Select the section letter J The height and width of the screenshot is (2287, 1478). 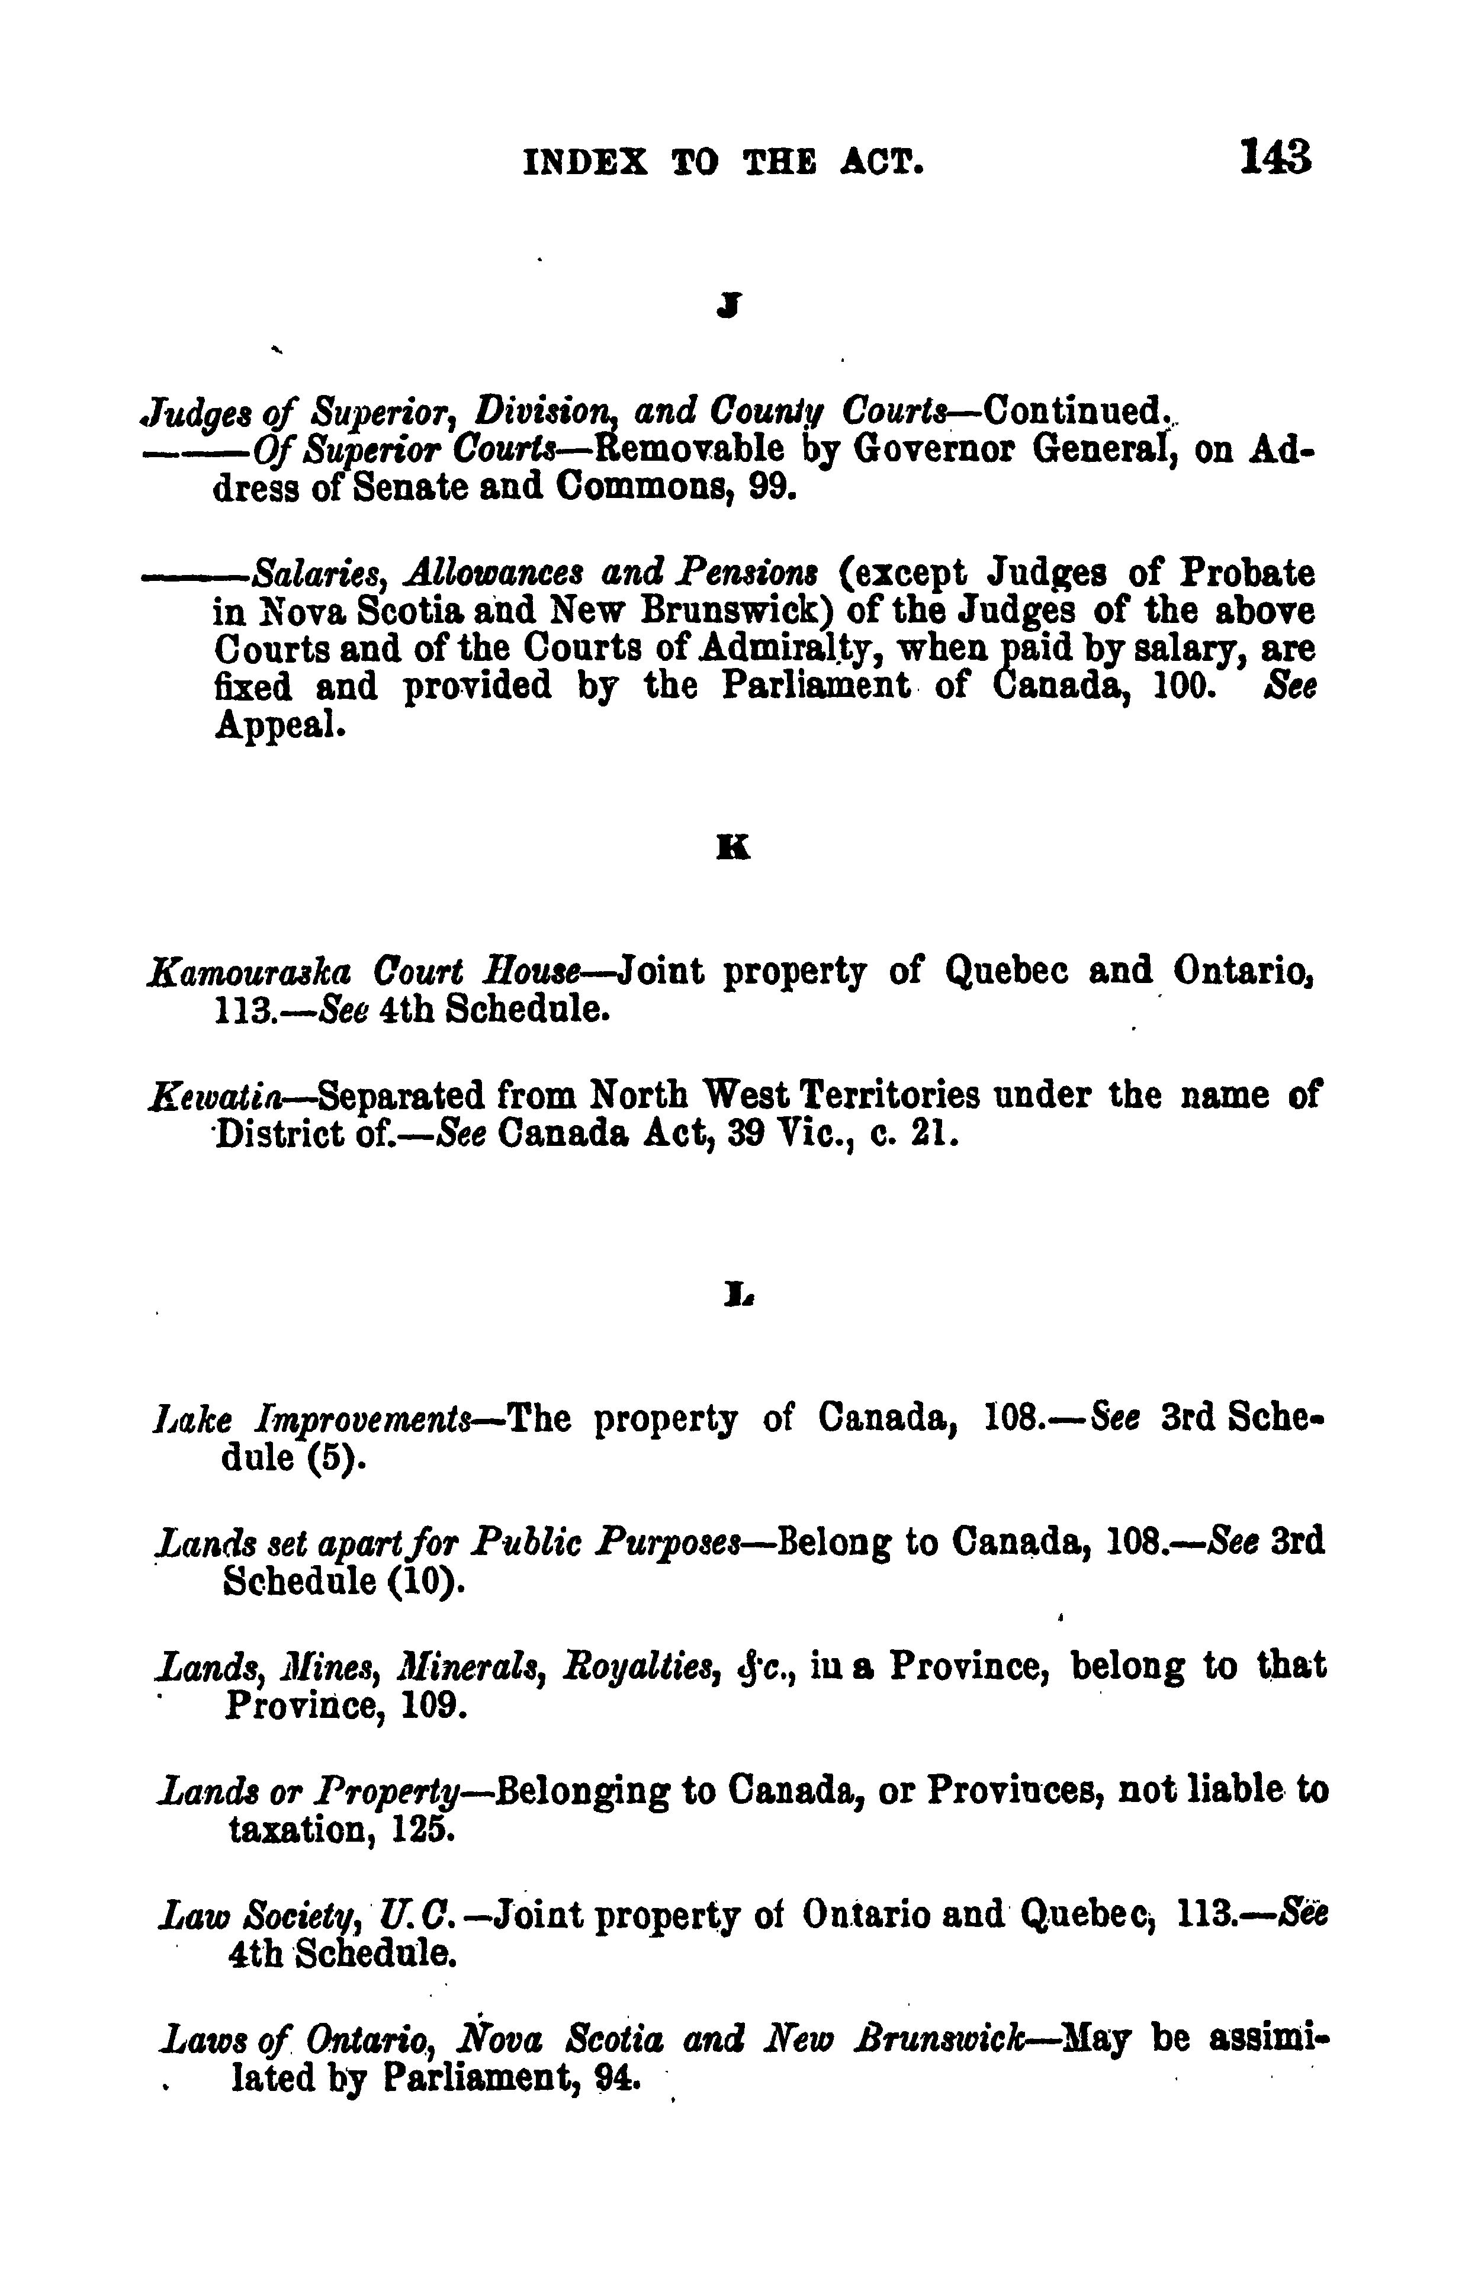[733, 305]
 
